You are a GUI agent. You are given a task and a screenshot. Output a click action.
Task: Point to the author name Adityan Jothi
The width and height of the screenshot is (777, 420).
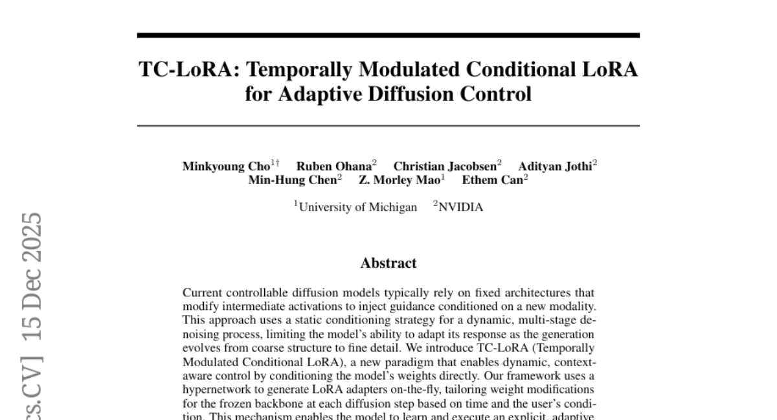[555, 166]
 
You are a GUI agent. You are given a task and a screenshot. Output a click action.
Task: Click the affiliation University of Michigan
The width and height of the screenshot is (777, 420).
[358, 207]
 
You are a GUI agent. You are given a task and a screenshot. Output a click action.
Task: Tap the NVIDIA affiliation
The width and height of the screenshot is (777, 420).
[460, 207]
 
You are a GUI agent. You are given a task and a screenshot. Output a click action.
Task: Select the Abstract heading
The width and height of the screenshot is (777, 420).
[388, 263]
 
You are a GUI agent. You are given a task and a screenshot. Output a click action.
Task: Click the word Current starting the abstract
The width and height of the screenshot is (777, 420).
[202, 293]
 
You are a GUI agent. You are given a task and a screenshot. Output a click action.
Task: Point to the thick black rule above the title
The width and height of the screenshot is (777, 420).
[388, 35]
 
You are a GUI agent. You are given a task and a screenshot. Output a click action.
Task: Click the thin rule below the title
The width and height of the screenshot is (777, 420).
[388, 125]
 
